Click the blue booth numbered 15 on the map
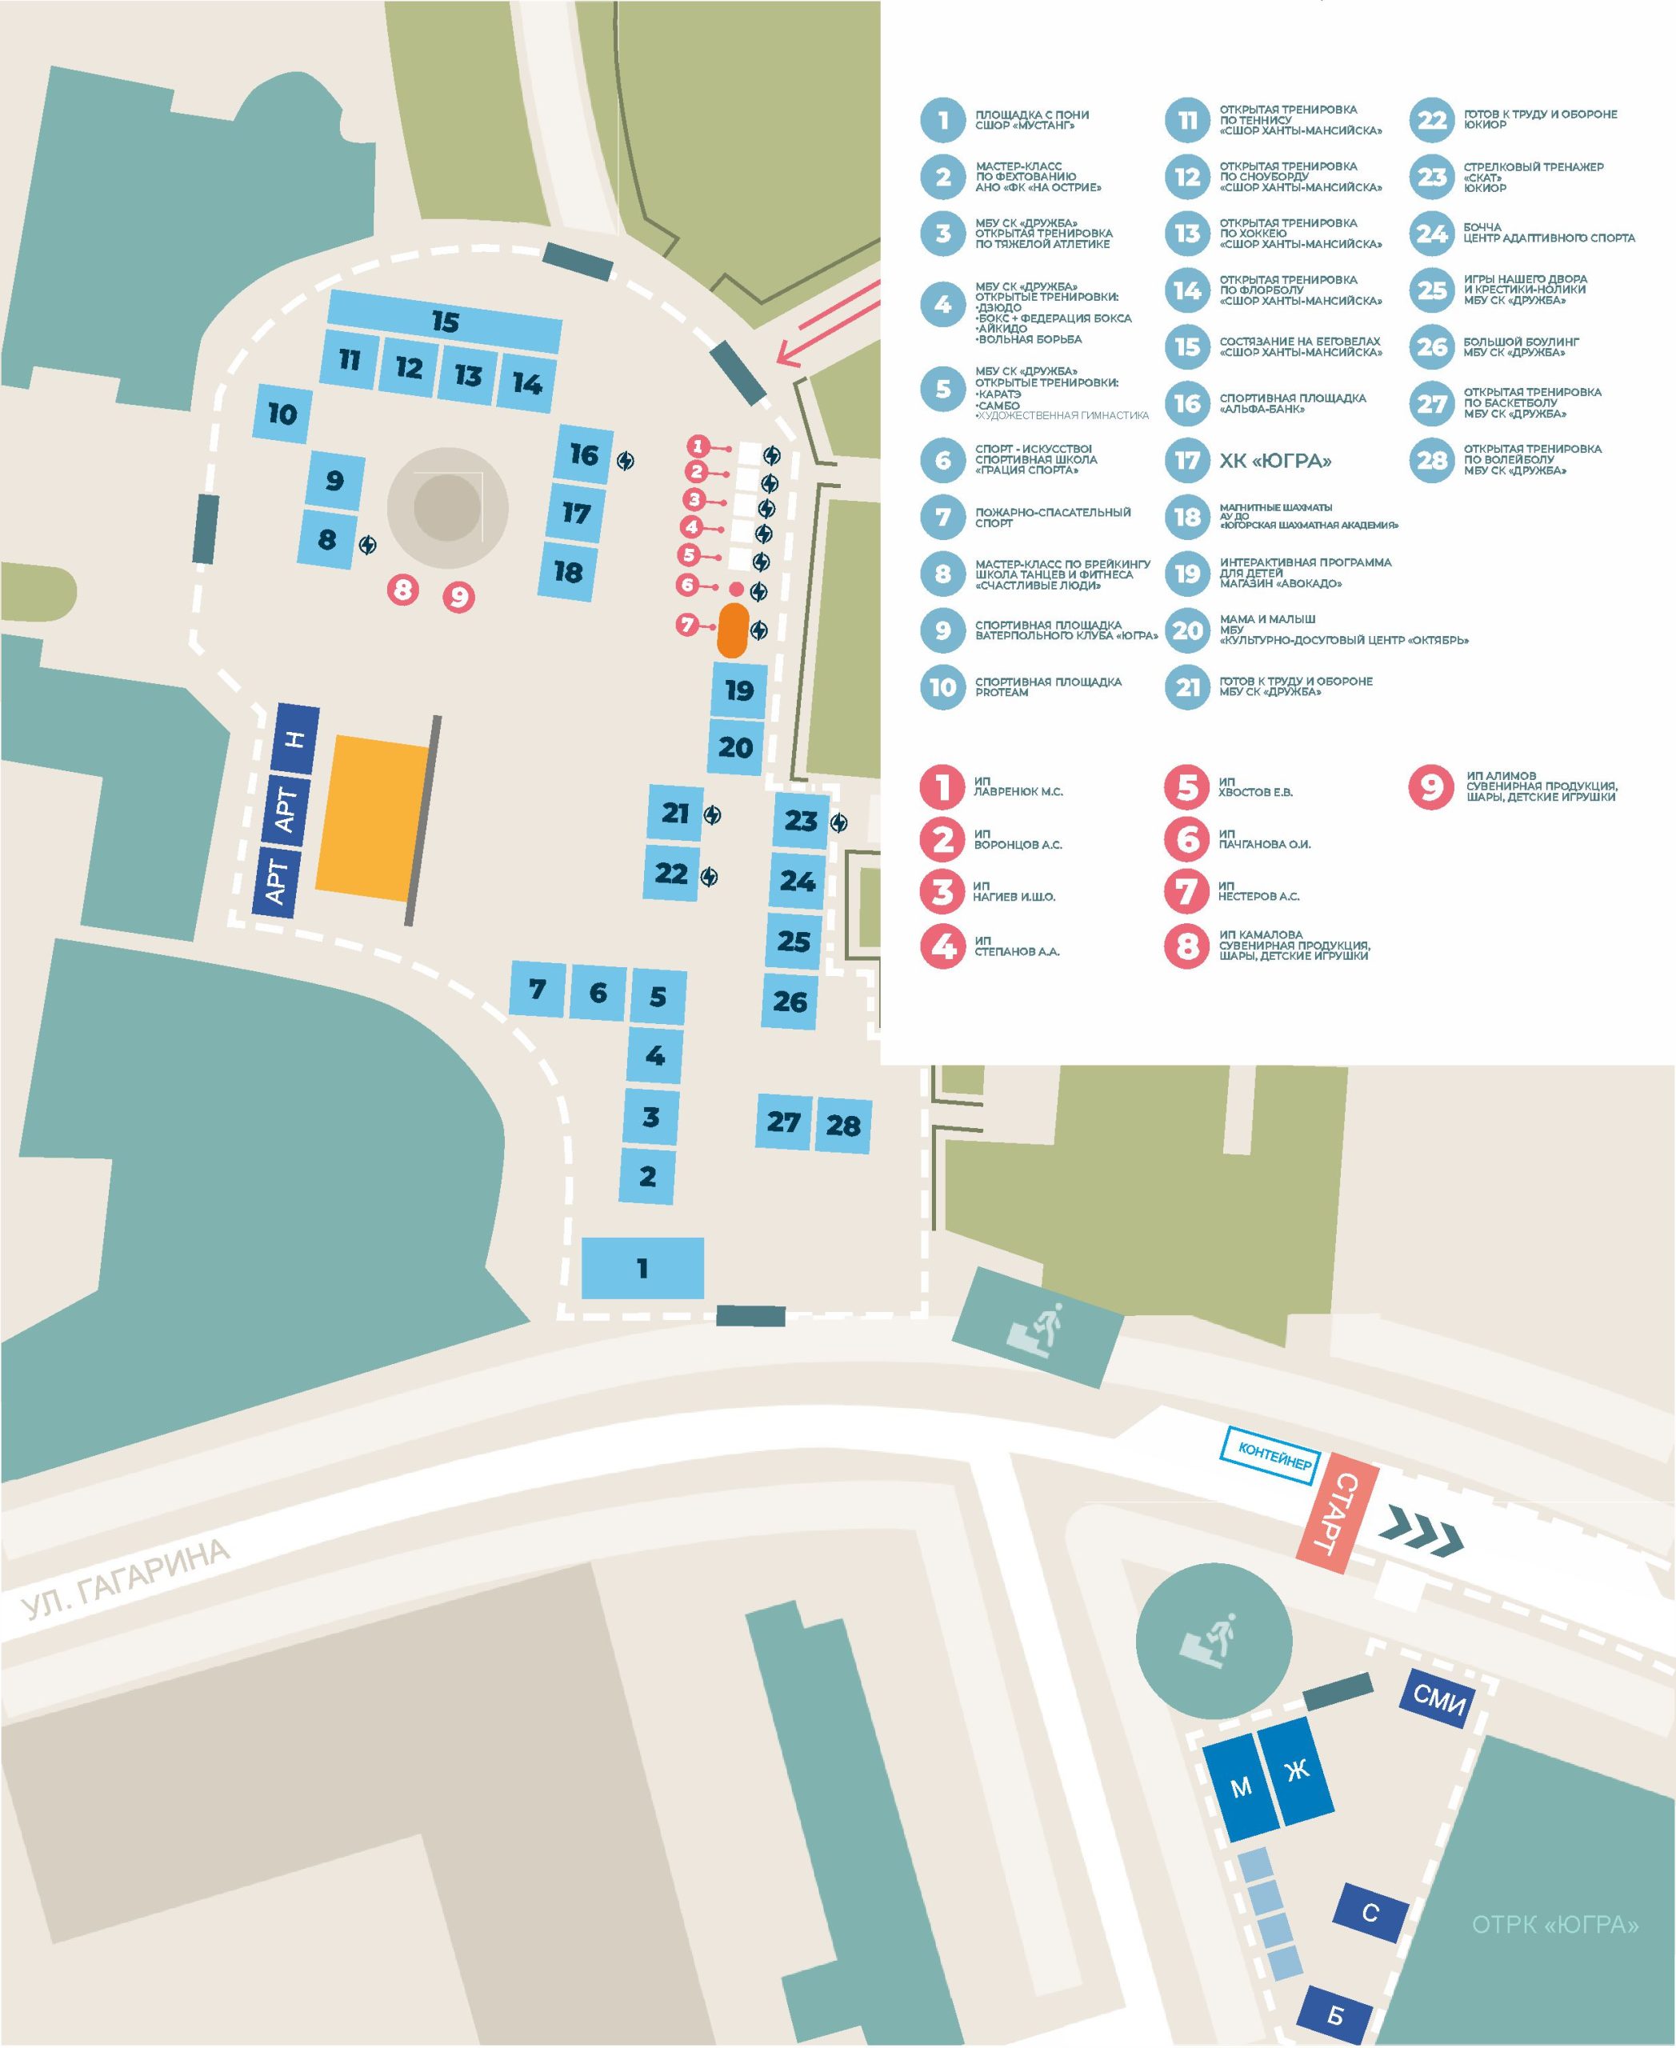click(444, 322)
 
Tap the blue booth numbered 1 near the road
click(642, 1268)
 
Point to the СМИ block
click(1438, 1698)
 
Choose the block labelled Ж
click(1296, 1772)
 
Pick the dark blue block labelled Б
click(1335, 2015)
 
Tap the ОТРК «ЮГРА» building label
click(1554, 1926)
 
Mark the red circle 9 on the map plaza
click(458, 598)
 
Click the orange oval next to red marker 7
click(733, 630)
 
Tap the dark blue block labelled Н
click(296, 738)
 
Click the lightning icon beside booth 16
click(626, 462)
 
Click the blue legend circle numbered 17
click(1187, 461)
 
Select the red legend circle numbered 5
click(1187, 787)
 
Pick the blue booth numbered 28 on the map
click(843, 1125)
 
